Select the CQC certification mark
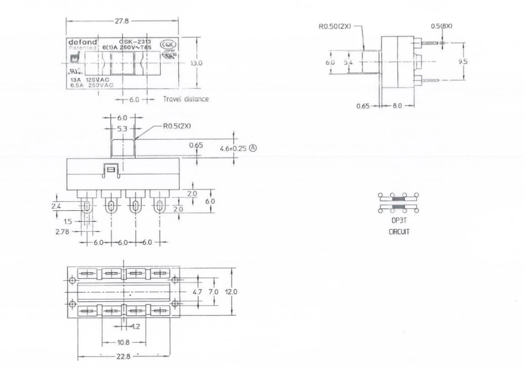click(171, 45)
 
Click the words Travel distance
click(186, 99)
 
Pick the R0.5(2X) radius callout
click(177, 126)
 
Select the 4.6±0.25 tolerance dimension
click(232, 148)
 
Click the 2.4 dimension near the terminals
click(56, 207)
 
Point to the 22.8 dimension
click(123, 356)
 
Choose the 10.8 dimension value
click(123, 342)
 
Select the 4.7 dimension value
click(197, 292)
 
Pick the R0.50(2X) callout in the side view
click(335, 26)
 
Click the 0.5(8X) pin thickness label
click(442, 26)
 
